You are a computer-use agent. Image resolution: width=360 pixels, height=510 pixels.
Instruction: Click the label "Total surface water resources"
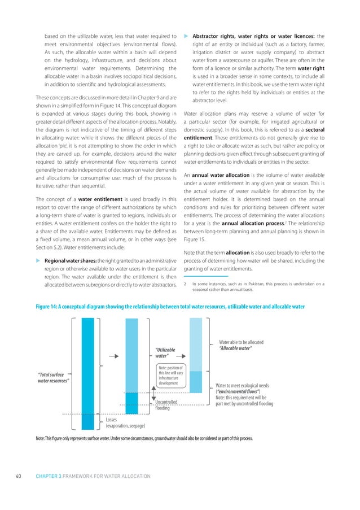pyautogui.click(x=53, y=377)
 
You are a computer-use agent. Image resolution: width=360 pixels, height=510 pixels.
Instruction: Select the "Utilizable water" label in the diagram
pyautogui.click(x=165, y=353)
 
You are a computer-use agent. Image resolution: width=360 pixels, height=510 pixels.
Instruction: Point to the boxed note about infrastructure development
pyautogui.click(x=168, y=375)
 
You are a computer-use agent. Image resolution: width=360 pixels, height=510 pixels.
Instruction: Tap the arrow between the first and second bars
pyautogui.click(x=113, y=356)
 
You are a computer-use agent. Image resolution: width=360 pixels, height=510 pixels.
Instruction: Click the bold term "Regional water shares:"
pyautogui.click(x=71, y=259)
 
